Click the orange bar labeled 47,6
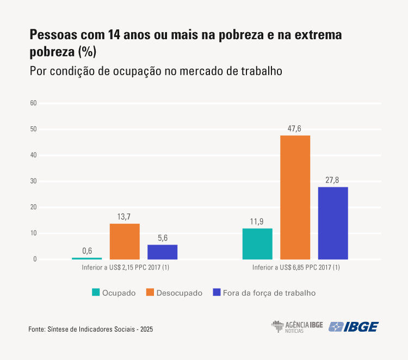pos(295,197)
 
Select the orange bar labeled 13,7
pos(125,241)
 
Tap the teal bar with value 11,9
pos(257,243)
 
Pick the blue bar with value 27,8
pos(333,223)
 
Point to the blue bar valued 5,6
pos(162,252)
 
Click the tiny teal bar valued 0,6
pos(87,258)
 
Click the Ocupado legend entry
pos(114,292)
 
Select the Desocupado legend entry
pos(174,292)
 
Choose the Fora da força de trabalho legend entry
pos(264,292)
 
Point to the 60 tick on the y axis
pos(33,103)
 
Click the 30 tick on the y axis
pos(33,181)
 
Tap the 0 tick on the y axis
pos(34,259)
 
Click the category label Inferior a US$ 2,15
pos(125,268)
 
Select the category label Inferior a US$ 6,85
pos(295,268)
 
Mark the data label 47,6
pos(295,129)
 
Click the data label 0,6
pos(87,251)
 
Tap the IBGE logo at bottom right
pos(354,327)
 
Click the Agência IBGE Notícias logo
pos(297,327)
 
